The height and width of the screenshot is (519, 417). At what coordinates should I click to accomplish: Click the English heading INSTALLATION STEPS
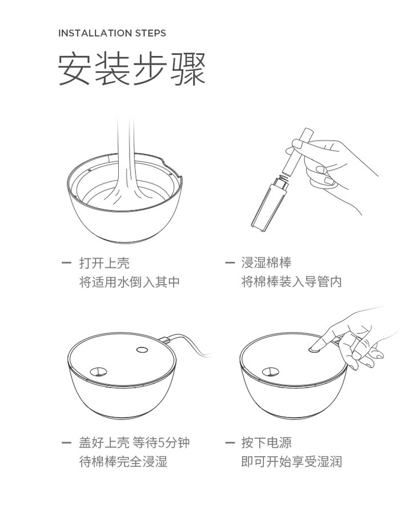112,33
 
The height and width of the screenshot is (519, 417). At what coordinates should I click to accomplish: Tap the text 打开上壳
104,263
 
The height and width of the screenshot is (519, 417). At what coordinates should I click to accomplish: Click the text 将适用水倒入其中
129,282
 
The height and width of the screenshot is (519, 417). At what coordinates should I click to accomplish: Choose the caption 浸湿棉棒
266,263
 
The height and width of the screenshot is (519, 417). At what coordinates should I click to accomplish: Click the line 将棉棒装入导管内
291,282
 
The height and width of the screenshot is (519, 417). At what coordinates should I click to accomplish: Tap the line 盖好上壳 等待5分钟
134,442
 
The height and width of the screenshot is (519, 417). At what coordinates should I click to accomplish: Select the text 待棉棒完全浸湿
123,461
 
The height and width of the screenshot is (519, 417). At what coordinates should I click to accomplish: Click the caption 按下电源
266,442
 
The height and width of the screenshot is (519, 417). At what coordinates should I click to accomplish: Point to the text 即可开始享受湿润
291,461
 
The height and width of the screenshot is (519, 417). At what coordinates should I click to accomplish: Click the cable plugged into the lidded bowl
189,342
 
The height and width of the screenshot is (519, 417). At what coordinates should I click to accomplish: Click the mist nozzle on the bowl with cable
99,372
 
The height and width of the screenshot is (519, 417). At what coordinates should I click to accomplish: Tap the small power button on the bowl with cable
142,350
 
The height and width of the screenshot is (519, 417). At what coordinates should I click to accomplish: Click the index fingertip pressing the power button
313,348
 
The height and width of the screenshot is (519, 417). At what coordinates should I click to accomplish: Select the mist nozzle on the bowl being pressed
271,372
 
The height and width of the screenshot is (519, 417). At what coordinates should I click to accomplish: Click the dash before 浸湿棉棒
230,263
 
